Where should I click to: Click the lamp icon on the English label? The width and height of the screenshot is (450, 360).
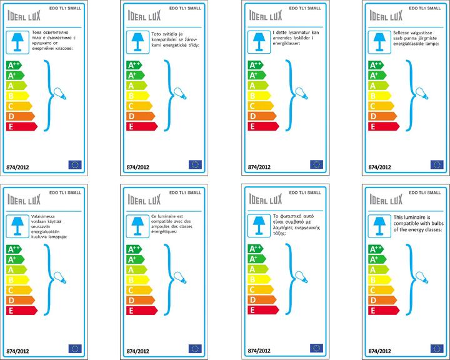(x=376, y=223)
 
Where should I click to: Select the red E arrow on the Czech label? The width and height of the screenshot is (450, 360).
(x=141, y=126)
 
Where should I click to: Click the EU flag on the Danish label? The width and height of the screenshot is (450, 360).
(x=316, y=165)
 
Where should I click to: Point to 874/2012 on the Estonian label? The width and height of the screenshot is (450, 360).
(x=380, y=167)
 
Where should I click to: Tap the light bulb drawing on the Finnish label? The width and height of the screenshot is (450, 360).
(x=59, y=275)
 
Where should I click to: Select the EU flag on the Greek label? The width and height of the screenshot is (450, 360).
(x=316, y=348)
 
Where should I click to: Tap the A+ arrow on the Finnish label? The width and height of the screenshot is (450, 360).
(x=14, y=259)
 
